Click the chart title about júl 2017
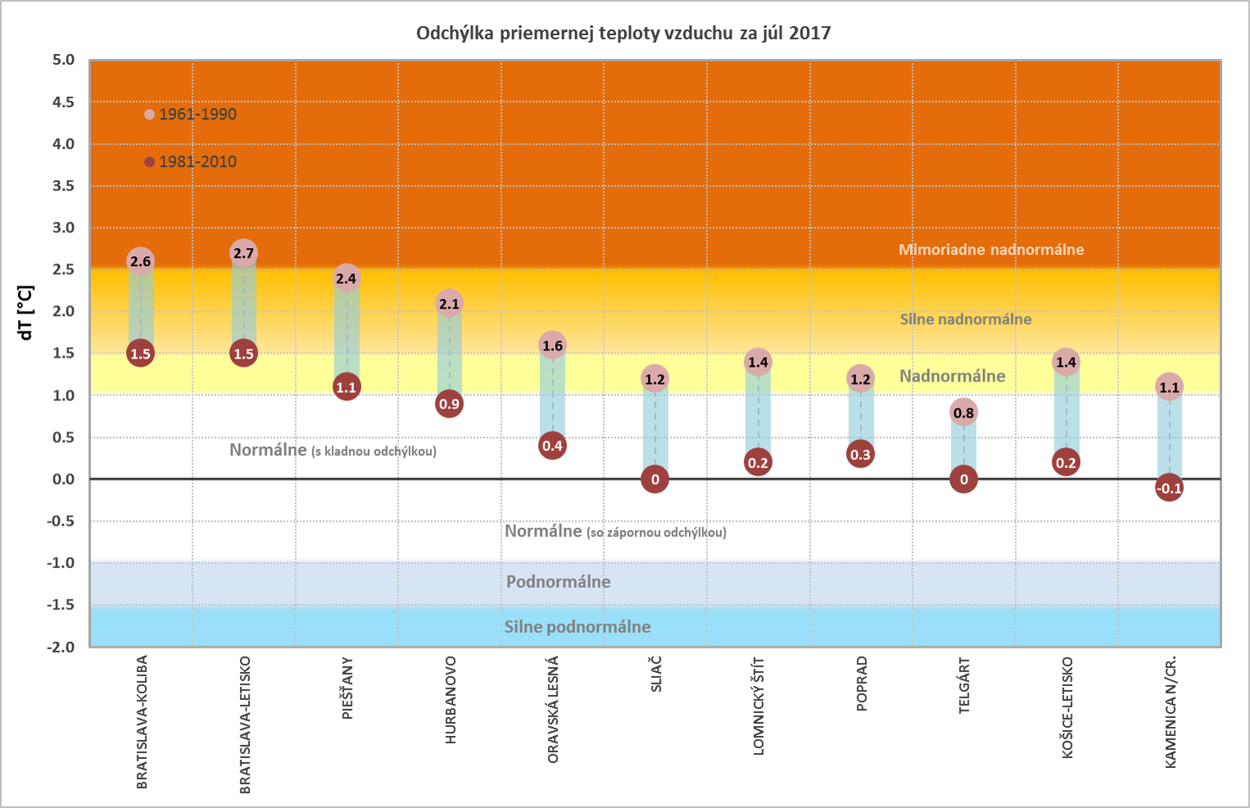623,34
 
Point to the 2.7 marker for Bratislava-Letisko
243,253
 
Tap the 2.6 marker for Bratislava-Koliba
141,262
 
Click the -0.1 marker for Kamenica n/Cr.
1169,489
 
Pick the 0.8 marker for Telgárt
963,413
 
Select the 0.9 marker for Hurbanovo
449,404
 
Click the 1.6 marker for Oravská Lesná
552,345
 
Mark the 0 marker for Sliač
655,480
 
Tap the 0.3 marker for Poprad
860,454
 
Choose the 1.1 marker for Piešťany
346,387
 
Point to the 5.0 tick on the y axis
63,60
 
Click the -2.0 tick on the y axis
61,647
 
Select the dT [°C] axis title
25,313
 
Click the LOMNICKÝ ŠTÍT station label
759,706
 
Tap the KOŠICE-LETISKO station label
1067,708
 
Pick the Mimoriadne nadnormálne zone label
991,250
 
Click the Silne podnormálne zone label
577,627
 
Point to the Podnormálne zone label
559,582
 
